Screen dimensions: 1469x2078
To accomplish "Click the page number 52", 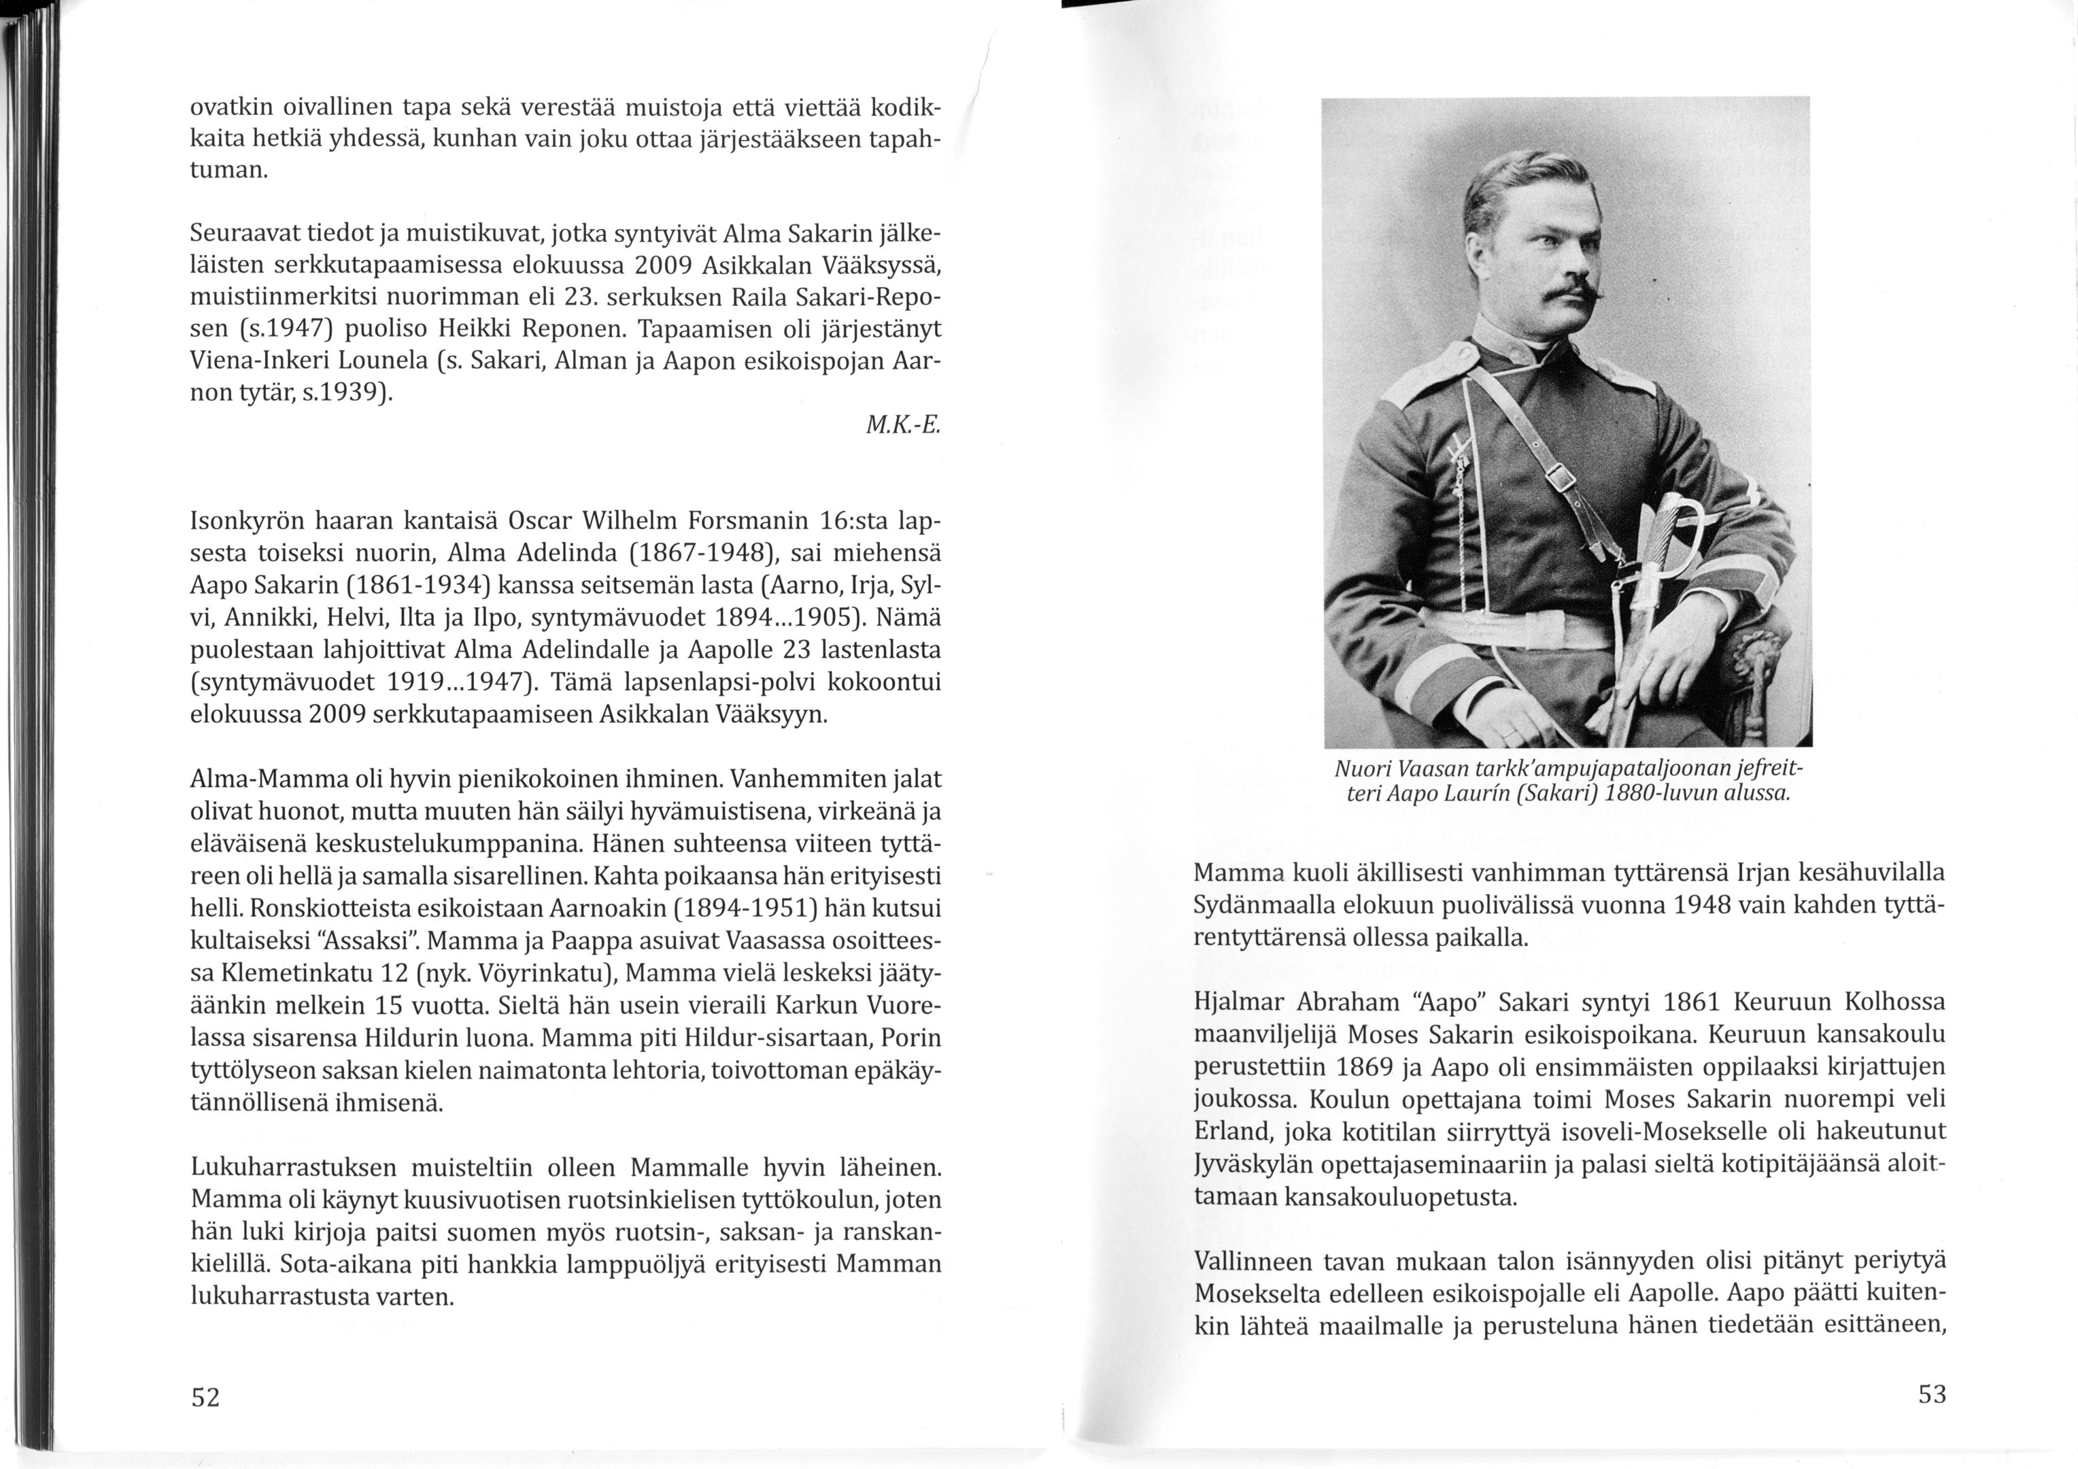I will coord(205,1398).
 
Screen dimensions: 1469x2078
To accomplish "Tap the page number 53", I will coord(1931,1395).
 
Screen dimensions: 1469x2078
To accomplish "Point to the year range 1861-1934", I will coord(422,585).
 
